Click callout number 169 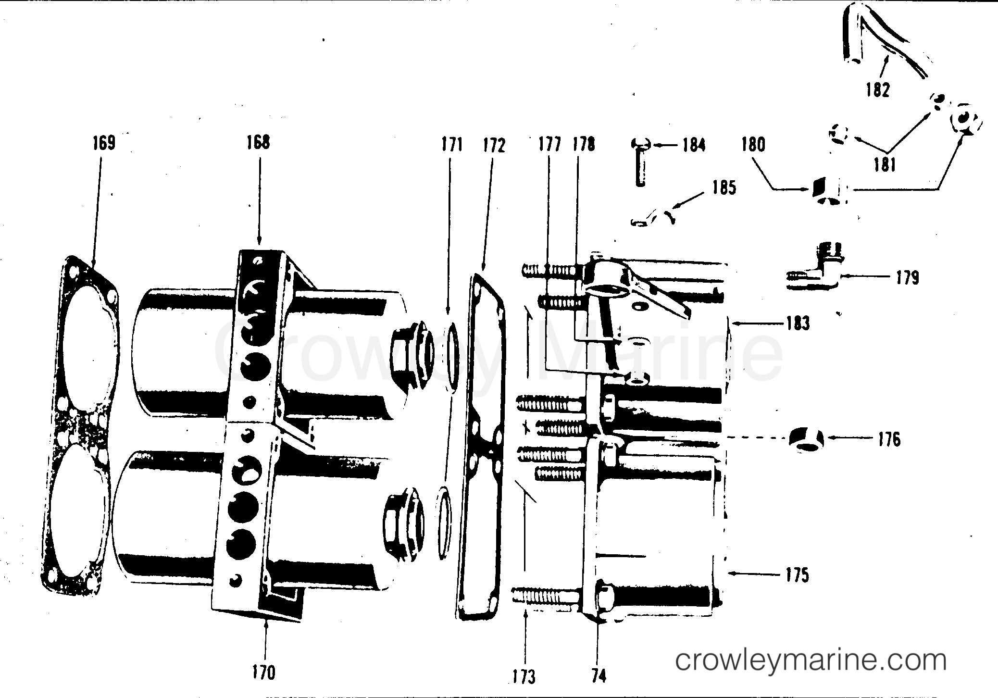tap(104, 143)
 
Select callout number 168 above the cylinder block tap(259, 142)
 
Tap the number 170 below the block tap(264, 672)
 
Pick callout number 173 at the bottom tap(524, 677)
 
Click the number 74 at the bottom tap(599, 676)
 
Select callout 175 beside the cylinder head tap(798, 575)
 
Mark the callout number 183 tap(798, 324)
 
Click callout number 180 tap(753, 145)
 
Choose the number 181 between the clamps tap(884, 165)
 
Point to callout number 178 tap(584, 144)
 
